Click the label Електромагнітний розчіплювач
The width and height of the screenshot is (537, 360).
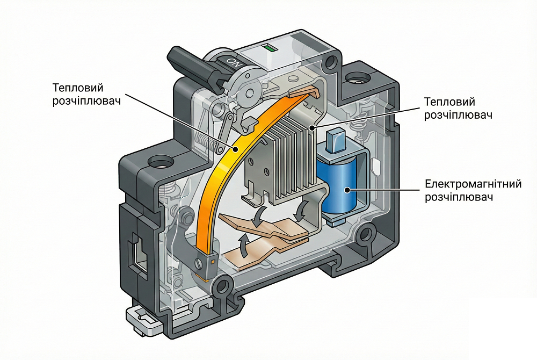[473, 191]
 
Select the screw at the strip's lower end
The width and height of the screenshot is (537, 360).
[200, 263]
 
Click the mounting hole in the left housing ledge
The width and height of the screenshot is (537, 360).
[159, 161]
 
